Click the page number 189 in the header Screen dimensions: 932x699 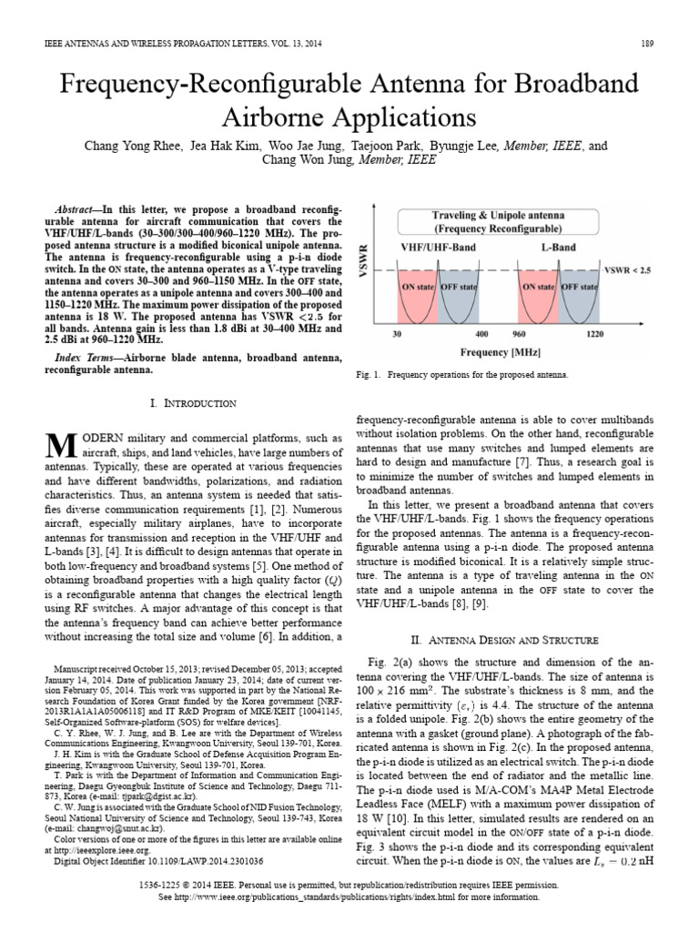tap(647, 43)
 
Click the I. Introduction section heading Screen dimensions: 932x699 tap(191, 402)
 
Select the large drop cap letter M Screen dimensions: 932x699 tap(59, 444)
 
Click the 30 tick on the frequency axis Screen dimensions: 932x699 tap(398, 335)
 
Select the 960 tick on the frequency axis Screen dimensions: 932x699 tap(521, 335)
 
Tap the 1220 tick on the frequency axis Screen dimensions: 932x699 tap(596, 335)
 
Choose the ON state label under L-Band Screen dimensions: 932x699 tap(538, 287)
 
